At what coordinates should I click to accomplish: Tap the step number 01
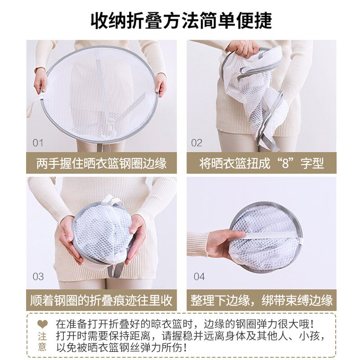click(38, 143)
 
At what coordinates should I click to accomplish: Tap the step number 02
click(197, 143)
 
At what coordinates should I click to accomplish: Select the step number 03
click(38, 276)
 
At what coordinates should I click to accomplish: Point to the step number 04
click(199, 276)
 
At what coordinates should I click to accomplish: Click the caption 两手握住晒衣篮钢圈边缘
click(101, 163)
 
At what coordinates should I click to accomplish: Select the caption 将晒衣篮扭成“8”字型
click(261, 163)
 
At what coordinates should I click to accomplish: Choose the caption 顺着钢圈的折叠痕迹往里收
click(101, 300)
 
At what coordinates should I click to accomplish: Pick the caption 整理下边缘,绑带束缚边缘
click(261, 300)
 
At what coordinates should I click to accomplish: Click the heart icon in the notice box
click(42, 324)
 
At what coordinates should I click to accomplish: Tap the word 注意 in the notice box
click(42, 341)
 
